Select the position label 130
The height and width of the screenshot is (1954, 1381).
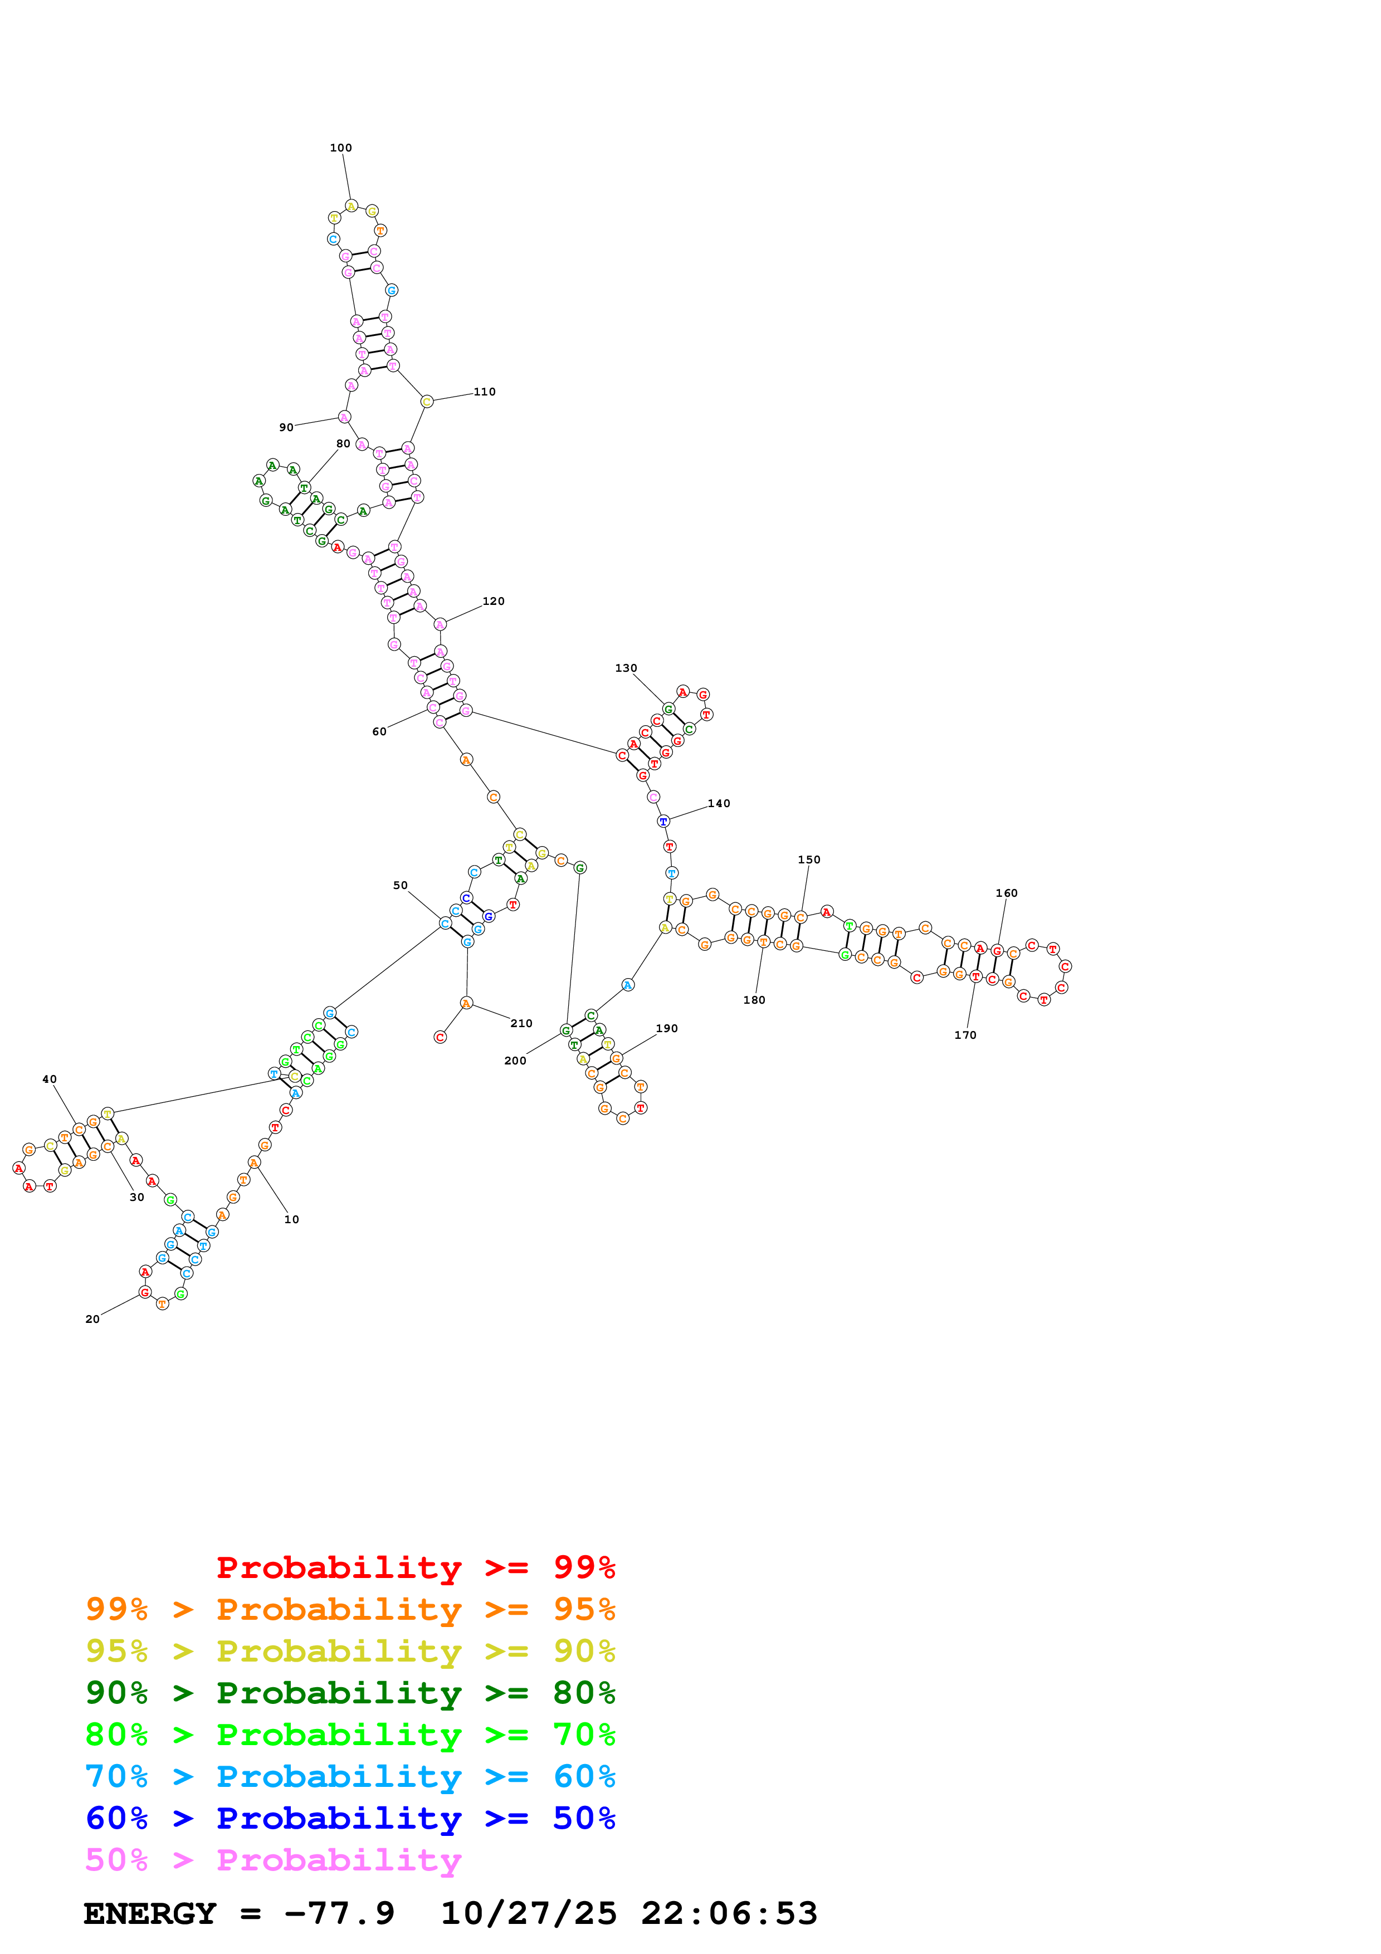click(x=626, y=668)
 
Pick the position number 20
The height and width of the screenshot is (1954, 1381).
click(x=92, y=1319)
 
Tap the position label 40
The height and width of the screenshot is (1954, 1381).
click(x=50, y=1079)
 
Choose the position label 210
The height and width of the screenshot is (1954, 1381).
click(x=521, y=1023)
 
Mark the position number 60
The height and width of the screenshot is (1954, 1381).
click(x=379, y=731)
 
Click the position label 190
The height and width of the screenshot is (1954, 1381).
click(x=666, y=1028)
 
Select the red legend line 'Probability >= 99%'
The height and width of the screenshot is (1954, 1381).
click(x=415, y=1567)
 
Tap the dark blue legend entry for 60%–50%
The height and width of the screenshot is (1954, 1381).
click(x=350, y=1818)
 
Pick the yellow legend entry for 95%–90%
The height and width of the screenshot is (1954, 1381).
click(x=350, y=1650)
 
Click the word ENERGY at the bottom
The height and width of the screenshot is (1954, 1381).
click(x=150, y=1913)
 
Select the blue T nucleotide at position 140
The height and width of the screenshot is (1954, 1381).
click(x=663, y=821)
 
